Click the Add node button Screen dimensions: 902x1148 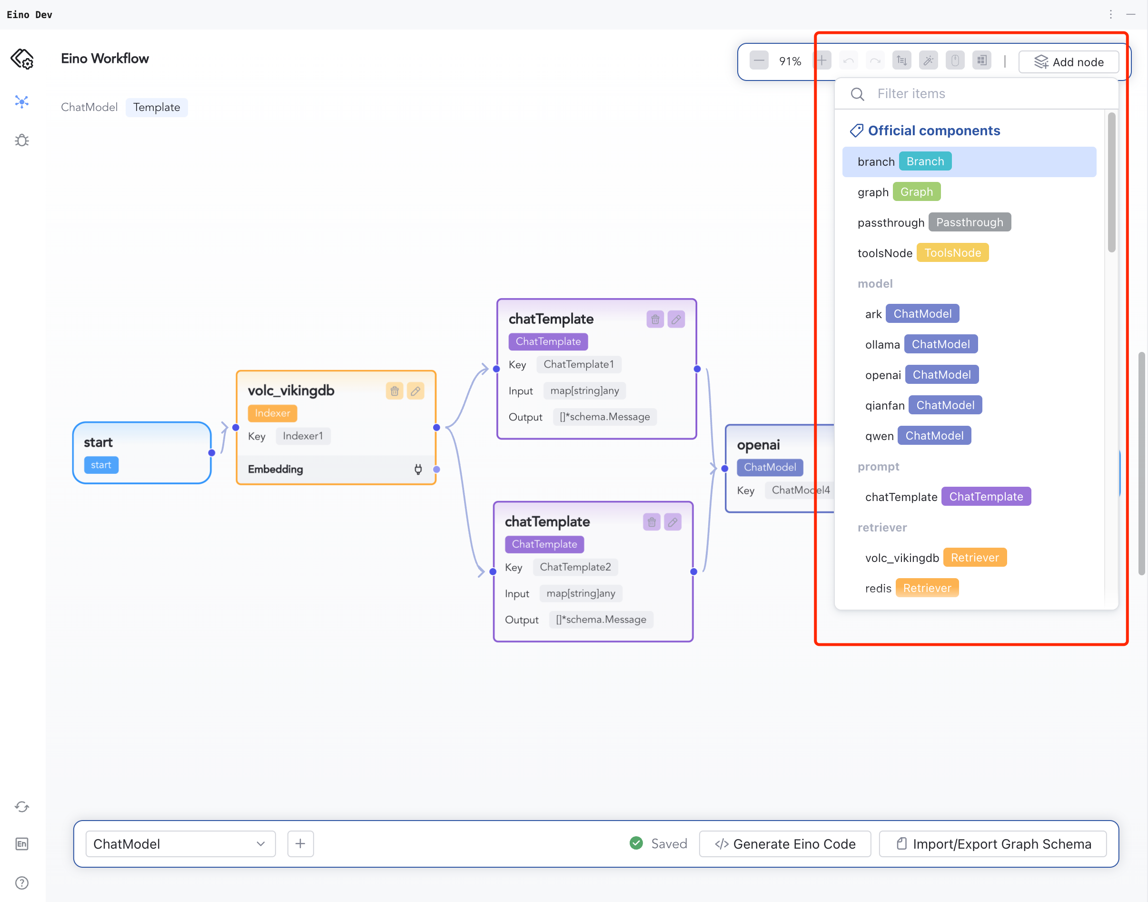tap(1069, 62)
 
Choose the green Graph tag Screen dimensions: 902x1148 tap(916, 192)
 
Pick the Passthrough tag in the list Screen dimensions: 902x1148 tap(969, 222)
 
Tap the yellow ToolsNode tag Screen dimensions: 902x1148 tap(952, 253)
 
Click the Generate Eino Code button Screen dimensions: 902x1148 tap(785, 844)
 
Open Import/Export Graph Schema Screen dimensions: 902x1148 tap(993, 844)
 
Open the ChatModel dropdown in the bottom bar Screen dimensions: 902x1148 tap(180, 844)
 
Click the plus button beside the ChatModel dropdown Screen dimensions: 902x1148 tap(300, 844)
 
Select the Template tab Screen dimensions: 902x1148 tap(156, 107)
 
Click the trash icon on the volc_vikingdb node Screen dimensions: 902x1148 tap(394, 391)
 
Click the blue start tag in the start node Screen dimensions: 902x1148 tap(101, 465)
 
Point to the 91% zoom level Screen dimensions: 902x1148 tap(790, 62)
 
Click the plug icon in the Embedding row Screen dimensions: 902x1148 tap(418, 469)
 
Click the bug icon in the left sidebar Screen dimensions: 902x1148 tap(21, 140)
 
